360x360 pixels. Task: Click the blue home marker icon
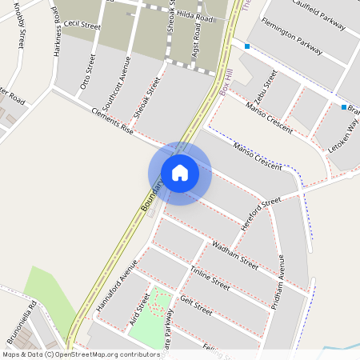180,173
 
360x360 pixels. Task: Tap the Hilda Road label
194,17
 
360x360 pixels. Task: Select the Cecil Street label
83,26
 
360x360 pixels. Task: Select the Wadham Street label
234,253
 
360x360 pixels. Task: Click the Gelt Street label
196,305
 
